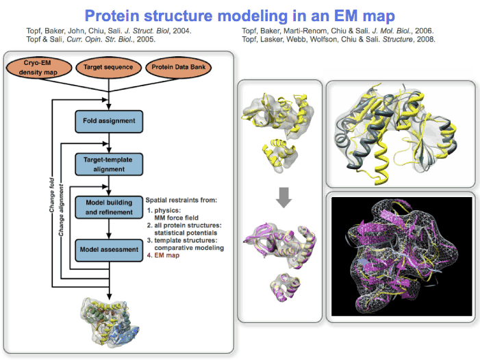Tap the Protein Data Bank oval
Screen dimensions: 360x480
pos(179,68)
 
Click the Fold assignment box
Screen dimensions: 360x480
pos(110,121)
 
